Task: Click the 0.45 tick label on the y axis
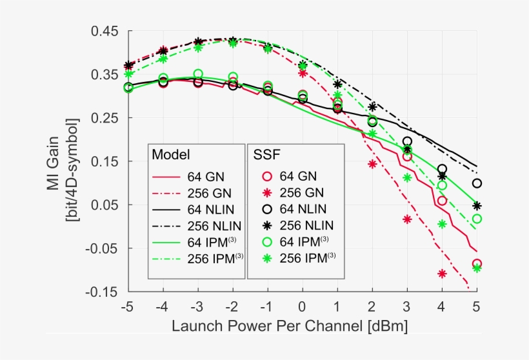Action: (104, 32)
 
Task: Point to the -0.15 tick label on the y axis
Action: (102, 292)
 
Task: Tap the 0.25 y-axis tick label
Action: (104, 118)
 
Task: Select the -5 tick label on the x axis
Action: (127, 306)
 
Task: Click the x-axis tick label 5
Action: (477, 306)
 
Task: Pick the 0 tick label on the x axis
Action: (303, 306)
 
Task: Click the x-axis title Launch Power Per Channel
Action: (290, 326)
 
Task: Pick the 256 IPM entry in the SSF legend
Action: (306, 257)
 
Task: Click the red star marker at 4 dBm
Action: (442, 274)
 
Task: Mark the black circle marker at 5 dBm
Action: (477, 183)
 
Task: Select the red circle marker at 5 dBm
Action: (477, 264)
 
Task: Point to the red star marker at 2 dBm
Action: (372, 164)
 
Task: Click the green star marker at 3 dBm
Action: (407, 177)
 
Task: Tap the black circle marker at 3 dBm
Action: (407, 141)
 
